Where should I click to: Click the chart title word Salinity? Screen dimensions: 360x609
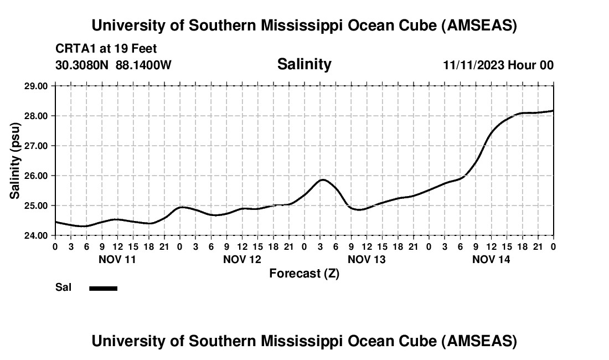[x=304, y=64]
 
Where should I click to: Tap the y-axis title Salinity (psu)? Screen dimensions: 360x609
[x=16, y=161]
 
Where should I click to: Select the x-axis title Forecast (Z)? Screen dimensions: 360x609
[x=304, y=273]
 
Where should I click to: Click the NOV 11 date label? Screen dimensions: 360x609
[x=117, y=259]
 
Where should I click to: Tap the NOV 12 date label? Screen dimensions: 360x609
[x=242, y=259]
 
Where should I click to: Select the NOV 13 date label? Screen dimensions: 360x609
[x=367, y=259]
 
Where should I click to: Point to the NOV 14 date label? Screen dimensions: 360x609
[x=491, y=259]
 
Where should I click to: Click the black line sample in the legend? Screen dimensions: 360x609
[x=103, y=288]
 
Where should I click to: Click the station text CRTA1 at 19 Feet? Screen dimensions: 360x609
[x=106, y=49]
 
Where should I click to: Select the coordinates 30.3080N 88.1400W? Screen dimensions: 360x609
[x=113, y=65]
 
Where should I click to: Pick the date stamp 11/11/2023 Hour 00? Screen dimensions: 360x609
[x=498, y=65]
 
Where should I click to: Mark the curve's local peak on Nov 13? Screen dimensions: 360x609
[x=322, y=179]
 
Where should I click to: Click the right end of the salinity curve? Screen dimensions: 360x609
[x=553, y=111]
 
